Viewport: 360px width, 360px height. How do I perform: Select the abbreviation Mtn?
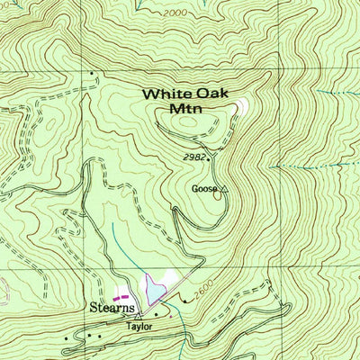point(184,109)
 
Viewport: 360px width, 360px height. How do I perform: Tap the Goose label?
point(203,189)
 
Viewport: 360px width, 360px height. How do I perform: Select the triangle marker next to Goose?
point(224,189)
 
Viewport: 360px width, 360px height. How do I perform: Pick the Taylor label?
point(137,328)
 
